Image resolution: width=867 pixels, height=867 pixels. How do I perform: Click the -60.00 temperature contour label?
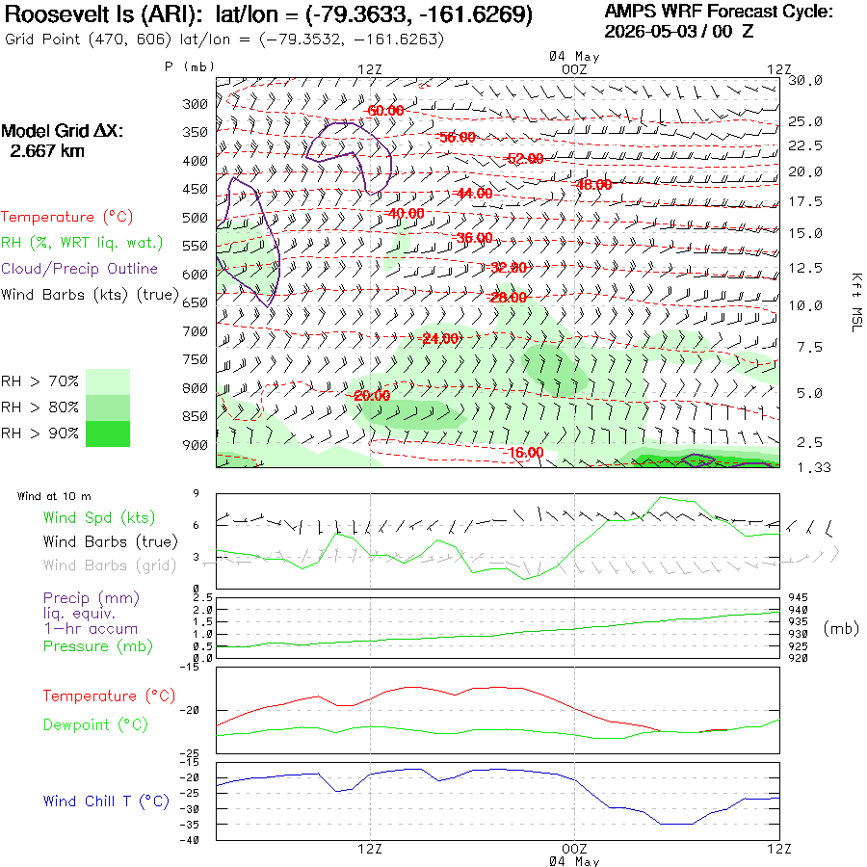[x=385, y=111]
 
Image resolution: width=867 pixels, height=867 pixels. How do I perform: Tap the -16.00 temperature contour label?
[x=525, y=453]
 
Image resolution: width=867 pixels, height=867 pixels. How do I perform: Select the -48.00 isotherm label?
[x=593, y=185]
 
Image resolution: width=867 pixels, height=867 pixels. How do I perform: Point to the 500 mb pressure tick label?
[x=195, y=218]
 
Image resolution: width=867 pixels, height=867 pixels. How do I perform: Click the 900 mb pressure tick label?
[x=195, y=445]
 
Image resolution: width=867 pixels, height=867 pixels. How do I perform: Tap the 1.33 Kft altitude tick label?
[x=813, y=468]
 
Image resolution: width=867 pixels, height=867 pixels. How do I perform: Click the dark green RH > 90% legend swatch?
[x=108, y=434]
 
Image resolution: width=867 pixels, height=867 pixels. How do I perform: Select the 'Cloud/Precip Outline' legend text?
[x=79, y=269]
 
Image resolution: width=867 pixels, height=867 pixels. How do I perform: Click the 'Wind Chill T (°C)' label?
[x=106, y=801]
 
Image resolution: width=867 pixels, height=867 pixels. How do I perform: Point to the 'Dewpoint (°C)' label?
[x=95, y=724]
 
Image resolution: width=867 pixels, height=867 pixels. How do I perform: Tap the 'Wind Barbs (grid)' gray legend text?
[x=110, y=565]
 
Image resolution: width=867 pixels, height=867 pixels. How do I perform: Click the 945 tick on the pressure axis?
[x=798, y=597]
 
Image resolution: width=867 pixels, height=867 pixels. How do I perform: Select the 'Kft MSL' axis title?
[x=856, y=302]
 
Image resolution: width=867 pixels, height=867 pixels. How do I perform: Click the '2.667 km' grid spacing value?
[x=47, y=151]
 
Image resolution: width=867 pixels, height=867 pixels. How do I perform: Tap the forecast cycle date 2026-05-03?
[x=650, y=32]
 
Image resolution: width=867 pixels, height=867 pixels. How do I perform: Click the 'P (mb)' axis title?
[x=189, y=66]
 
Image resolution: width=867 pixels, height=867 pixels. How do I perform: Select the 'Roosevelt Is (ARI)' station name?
[x=103, y=14]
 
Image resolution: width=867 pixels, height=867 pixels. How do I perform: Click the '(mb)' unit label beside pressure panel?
[x=841, y=629]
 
